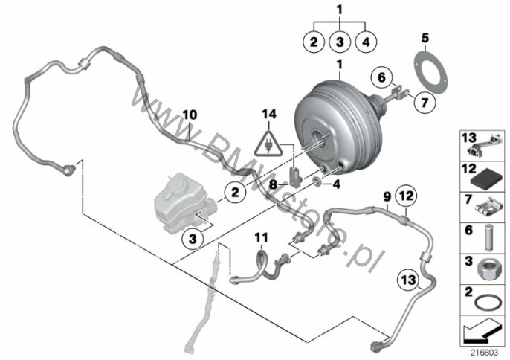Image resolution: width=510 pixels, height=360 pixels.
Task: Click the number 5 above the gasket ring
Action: click(x=425, y=38)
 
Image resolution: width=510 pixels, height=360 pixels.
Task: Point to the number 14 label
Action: click(x=269, y=115)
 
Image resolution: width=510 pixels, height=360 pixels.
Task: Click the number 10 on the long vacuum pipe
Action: click(x=190, y=115)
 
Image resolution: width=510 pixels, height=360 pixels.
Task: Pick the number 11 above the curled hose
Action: click(x=262, y=237)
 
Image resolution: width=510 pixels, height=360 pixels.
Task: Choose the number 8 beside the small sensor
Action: click(x=274, y=185)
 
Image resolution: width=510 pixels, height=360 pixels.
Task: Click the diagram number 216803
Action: click(x=485, y=353)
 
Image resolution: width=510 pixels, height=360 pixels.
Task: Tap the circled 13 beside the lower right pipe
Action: click(x=409, y=280)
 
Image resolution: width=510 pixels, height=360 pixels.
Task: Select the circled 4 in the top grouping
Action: click(x=366, y=42)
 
